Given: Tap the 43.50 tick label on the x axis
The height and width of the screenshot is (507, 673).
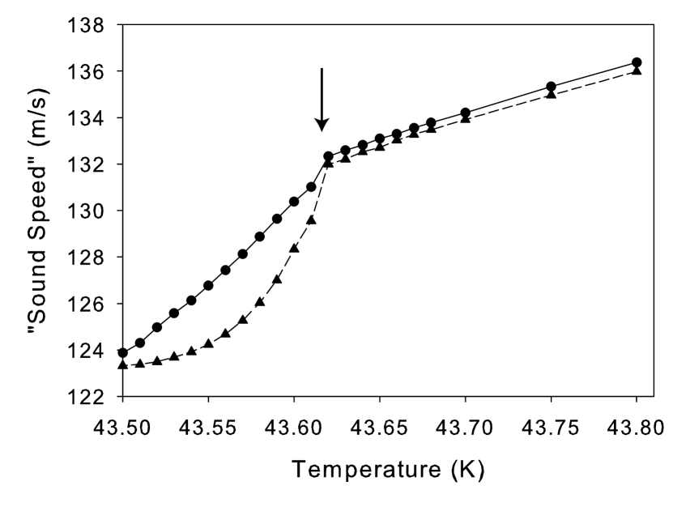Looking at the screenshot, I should (123, 424).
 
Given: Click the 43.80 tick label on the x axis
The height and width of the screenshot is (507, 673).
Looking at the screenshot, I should (637, 424).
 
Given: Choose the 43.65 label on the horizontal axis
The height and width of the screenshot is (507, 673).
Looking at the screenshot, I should (380, 424).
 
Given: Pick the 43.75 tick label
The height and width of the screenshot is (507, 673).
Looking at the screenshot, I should (551, 424).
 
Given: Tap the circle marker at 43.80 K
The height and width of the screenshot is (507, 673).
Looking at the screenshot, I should (637, 62).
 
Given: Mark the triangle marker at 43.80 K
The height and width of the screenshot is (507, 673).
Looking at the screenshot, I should (637, 70).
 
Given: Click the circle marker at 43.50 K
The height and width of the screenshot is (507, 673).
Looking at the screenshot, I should (123, 352).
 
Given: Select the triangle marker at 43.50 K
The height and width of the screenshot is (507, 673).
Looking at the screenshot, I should (123, 365).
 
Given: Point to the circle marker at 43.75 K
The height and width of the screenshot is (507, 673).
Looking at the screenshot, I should (551, 87).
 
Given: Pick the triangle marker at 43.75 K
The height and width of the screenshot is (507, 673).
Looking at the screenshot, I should (551, 94).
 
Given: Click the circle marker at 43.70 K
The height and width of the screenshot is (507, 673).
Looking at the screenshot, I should (465, 113).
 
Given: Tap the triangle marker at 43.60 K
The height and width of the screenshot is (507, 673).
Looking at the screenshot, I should (294, 248).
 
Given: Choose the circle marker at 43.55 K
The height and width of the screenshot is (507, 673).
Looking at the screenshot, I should (208, 285).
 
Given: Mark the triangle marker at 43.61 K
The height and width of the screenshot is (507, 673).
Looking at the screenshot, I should (311, 219).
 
